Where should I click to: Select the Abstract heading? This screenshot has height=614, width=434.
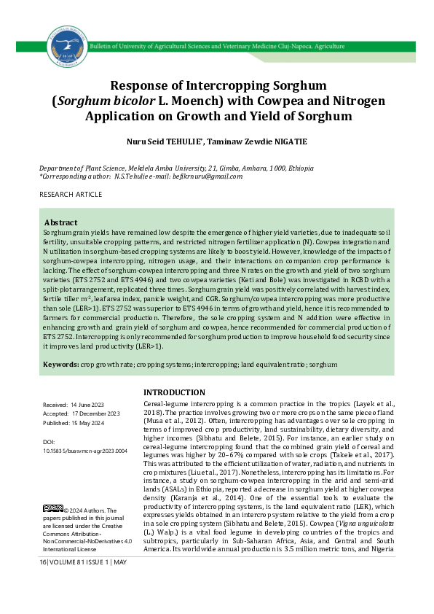tap(61, 222)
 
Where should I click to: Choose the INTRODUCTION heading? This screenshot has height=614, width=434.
tap(174, 392)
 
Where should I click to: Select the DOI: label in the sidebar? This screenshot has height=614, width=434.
tap(50, 442)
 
